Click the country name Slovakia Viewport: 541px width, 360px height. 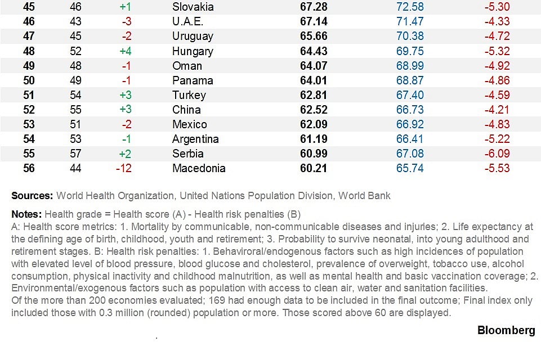coord(193,7)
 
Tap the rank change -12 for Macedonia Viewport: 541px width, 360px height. coord(123,168)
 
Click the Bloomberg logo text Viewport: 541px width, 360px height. coord(506,330)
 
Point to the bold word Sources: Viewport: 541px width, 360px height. coord(32,196)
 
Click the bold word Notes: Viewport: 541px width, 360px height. coord(26,214)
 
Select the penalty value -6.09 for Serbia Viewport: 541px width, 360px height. coord(497,154)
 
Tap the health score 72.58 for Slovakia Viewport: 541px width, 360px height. coord(409,7)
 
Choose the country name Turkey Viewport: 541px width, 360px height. coord(189,95)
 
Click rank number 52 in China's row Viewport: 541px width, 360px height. coord(29,110)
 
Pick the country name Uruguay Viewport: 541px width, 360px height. coord(193,37)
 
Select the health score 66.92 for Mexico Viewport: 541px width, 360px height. coord(409,124)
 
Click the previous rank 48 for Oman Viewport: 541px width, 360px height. coord(75,66)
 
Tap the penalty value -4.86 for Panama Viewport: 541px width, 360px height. coord(497,80)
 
